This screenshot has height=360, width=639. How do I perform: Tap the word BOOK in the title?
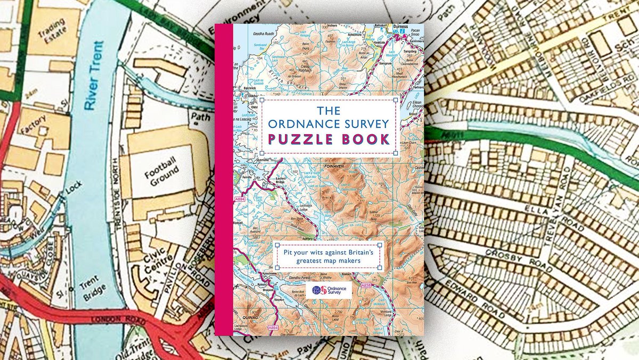click(367, 140)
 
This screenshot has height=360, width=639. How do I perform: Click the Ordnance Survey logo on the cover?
click(330, 291)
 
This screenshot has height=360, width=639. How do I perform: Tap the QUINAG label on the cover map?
click(249, 317)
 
